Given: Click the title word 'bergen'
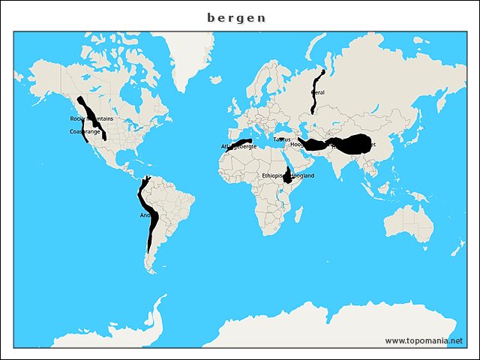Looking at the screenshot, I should point(236,18).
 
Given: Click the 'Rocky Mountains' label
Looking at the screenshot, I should point(91,118).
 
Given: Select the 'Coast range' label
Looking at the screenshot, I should point(84,131).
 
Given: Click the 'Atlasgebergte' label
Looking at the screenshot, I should point(238,146).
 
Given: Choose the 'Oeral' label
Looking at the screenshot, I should point(318,92).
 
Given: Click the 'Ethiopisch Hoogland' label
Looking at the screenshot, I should point(288,175).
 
